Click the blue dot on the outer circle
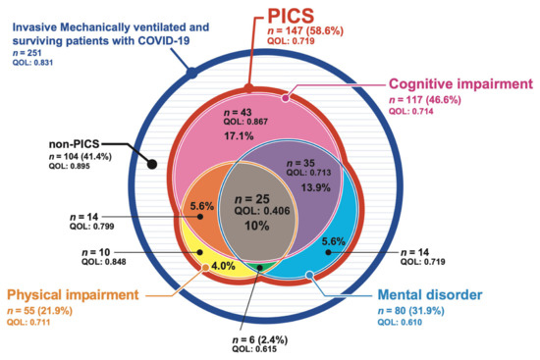(191, 72)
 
